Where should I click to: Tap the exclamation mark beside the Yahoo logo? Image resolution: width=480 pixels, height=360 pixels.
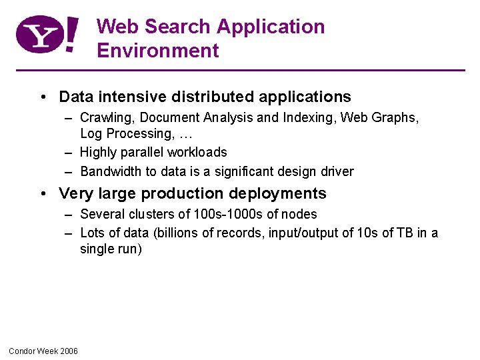(x=72, y=35)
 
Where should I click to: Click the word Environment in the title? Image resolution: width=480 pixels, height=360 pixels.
(x=158, y=51)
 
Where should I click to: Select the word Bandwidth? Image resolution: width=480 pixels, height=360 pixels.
(x=111, y=171)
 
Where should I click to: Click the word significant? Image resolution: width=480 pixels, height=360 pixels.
(x=239, y=171)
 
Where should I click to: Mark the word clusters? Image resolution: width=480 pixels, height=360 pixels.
(x=148, y=214)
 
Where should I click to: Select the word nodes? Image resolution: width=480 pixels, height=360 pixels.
(x=300, y=214)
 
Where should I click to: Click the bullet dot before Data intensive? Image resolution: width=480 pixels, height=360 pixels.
(x=43, y=97)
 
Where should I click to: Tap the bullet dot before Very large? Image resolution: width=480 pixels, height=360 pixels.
(x=43, y=194)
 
